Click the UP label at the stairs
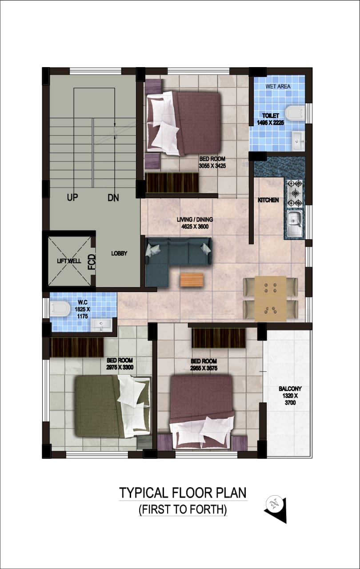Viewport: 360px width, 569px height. [72, 197]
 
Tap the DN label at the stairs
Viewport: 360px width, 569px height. [113, 198]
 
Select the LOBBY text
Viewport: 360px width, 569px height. [119, 253]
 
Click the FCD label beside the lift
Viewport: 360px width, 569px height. [92, 262]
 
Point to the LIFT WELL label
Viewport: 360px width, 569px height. [69, 261]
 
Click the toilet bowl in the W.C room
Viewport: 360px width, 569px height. [60, 309]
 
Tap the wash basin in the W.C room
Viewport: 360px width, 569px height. [101, 325]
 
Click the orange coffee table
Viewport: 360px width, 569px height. [192, 280]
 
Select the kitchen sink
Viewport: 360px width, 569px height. [295, 223]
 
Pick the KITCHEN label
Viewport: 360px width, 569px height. [268, 200]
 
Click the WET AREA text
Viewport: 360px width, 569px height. [278, 86]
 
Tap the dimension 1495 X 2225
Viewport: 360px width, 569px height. [271, 123]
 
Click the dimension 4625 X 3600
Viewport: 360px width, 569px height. [195, 227]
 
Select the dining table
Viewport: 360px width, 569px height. [271, 299]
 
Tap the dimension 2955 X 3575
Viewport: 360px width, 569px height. [204, 369]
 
